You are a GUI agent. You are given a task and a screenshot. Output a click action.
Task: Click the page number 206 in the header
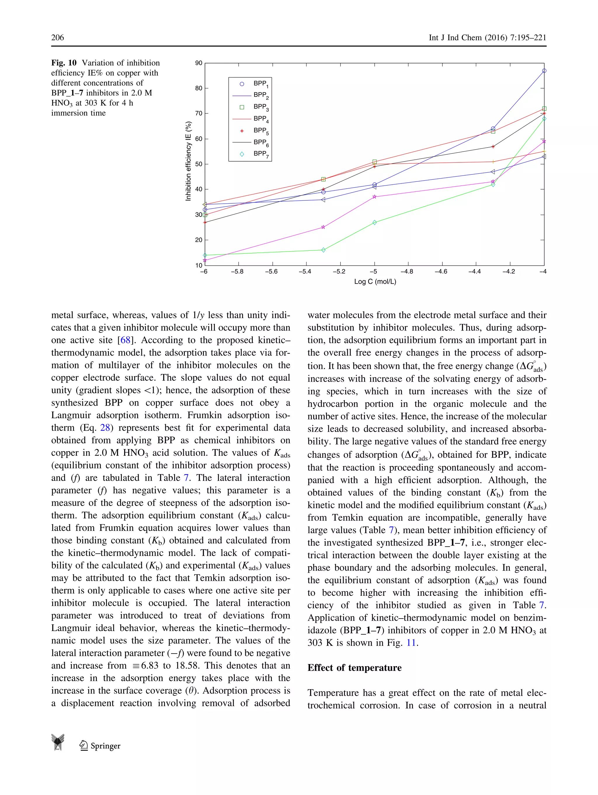click(x=58, y=37)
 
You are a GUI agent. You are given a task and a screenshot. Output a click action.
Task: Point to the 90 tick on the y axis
click(x=199, y=63)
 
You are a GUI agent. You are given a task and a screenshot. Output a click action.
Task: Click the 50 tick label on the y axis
click(x=199, y=164)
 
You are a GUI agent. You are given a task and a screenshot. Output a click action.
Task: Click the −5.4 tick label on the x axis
click(x=305, y=271)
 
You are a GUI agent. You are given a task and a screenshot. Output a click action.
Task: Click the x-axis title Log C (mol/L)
click(x=375, y=281)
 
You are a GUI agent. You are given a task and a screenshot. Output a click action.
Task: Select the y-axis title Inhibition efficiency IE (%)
click(x=188, y=161)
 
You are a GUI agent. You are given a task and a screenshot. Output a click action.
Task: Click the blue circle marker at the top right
click(x=544, y=71)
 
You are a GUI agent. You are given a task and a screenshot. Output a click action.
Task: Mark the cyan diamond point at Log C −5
click(x=375, y=222)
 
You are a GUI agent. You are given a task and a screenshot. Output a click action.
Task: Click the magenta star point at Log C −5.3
click(x=323, y=227)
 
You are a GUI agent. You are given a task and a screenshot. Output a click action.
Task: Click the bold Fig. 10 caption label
click(x=64, y=63)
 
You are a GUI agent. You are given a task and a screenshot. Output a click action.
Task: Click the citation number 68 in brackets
click(x=125, y=340)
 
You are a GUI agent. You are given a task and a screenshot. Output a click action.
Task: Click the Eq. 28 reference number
click(x=105, y=428)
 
